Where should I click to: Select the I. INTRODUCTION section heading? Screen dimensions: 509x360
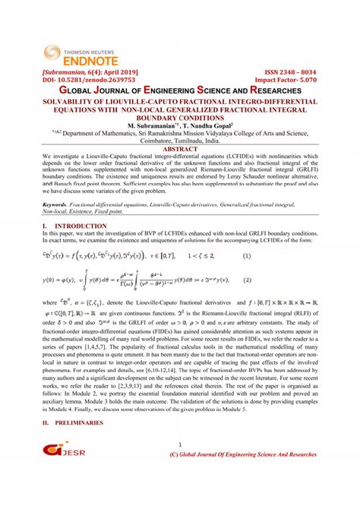tap(59, 226)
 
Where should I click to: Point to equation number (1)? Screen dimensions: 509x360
tap(246, 256)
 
